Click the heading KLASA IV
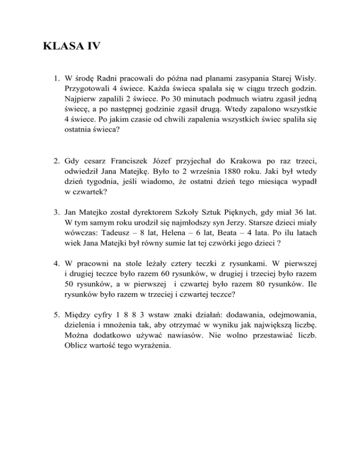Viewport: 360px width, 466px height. tap(71, 47)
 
